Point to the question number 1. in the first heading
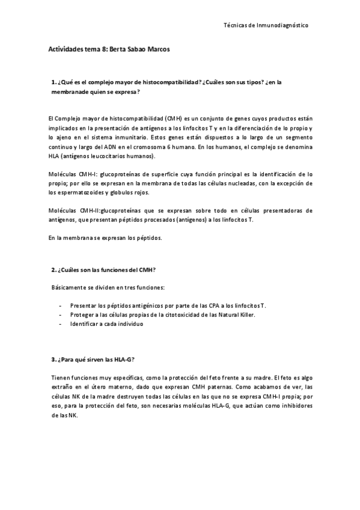coord(54,82)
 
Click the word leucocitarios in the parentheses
coord(104,156)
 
